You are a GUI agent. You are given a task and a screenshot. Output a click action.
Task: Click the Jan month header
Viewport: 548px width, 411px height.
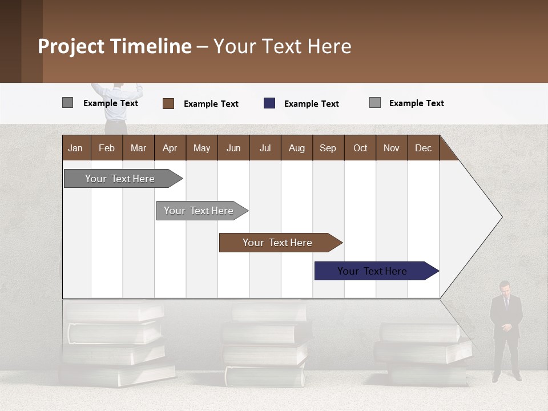tap(75, 148)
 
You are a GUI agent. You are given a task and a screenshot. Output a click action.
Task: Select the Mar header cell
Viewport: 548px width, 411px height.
tap(138, 148)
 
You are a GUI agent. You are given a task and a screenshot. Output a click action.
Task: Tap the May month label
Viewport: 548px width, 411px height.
tap(202, 148)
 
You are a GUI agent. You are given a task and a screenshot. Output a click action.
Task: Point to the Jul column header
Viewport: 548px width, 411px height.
tap(265, 148)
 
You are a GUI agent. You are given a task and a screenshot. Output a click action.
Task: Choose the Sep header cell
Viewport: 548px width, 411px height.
tap(328, 148)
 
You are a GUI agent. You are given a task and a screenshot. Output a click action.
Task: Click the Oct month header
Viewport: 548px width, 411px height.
tap(360, 148)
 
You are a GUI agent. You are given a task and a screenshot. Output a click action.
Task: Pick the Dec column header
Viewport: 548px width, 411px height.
tap(423, 148)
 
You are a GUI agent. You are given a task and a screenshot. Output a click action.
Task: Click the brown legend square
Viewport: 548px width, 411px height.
tap(168, 103)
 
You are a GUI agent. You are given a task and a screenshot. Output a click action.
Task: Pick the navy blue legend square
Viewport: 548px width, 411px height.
tap(269, 103)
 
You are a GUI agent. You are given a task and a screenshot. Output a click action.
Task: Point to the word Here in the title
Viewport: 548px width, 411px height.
tap(329, 46)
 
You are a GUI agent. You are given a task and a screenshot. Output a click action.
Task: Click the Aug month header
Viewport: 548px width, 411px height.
tap(296, 148)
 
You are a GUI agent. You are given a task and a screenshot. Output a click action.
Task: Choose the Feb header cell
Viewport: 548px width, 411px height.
tap(107, 148)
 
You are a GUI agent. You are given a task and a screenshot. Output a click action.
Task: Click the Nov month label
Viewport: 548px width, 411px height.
tap(392, 148)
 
